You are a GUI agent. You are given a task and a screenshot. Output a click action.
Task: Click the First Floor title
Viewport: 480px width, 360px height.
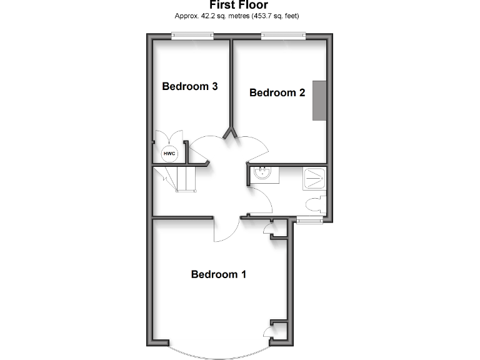(x=239, y=5)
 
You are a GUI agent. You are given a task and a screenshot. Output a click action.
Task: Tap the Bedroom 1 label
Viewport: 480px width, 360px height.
(x=219, y=274)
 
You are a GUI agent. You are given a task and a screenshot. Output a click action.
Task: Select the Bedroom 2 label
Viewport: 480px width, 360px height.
(x=277, y=93)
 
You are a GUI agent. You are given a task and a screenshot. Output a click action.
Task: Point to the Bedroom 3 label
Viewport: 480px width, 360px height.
(x=189, y=86)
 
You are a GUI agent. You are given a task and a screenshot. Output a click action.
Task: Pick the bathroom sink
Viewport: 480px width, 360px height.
(x=262, y=174)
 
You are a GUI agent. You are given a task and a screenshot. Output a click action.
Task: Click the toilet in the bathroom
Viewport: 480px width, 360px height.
(x=314, y=204)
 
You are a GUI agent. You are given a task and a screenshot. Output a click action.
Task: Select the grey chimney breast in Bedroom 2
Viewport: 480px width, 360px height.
(x=319, y=100)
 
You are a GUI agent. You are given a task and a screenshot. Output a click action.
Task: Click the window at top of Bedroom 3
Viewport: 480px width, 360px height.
(x=193, y=37)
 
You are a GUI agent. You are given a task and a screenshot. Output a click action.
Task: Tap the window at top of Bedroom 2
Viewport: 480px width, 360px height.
(x=283, y=37)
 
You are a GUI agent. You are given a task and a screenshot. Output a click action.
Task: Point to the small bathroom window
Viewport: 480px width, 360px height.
(x=309, y=219)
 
